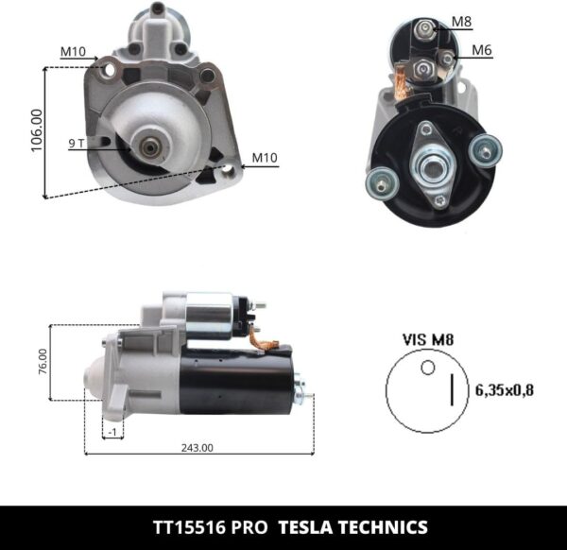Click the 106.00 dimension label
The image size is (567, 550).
[x=36, y=134]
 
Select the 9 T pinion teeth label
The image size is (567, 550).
[x=77, y=144]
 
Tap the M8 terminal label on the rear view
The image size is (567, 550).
[x=461, y=21]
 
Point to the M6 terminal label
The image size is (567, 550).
[x=482, y=50]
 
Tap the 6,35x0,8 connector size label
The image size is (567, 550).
[x=504, y=388]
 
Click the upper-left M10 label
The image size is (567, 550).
[x=74, y=51]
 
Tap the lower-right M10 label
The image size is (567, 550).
[x=265, y=158]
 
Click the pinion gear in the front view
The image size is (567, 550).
[x=148, y=146]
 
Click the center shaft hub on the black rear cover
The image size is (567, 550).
[x=434, y=167]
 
